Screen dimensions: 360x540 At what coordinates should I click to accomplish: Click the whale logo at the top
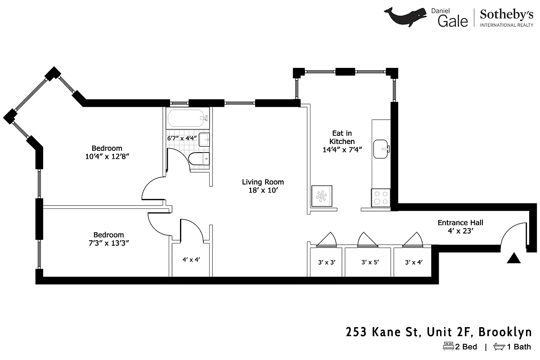click(405, 17)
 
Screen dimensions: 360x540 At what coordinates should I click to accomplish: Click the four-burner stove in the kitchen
click(381, 198)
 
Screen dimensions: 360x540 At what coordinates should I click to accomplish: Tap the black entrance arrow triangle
click(514, 258)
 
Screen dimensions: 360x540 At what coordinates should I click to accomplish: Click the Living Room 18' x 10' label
click(263, 186)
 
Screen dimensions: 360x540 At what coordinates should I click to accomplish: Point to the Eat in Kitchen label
click(342, 141)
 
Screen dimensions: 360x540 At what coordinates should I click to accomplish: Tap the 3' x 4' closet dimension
click(414, 261)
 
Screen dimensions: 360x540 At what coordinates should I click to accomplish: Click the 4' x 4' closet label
click(191, 259)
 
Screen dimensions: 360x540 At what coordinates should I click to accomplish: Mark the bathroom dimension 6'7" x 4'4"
click(182, 138)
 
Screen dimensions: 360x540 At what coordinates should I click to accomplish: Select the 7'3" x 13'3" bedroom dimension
click(108, 243)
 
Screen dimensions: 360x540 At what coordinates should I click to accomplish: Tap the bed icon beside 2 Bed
click(448, 346)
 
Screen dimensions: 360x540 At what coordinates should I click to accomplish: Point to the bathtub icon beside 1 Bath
click(499, 346)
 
